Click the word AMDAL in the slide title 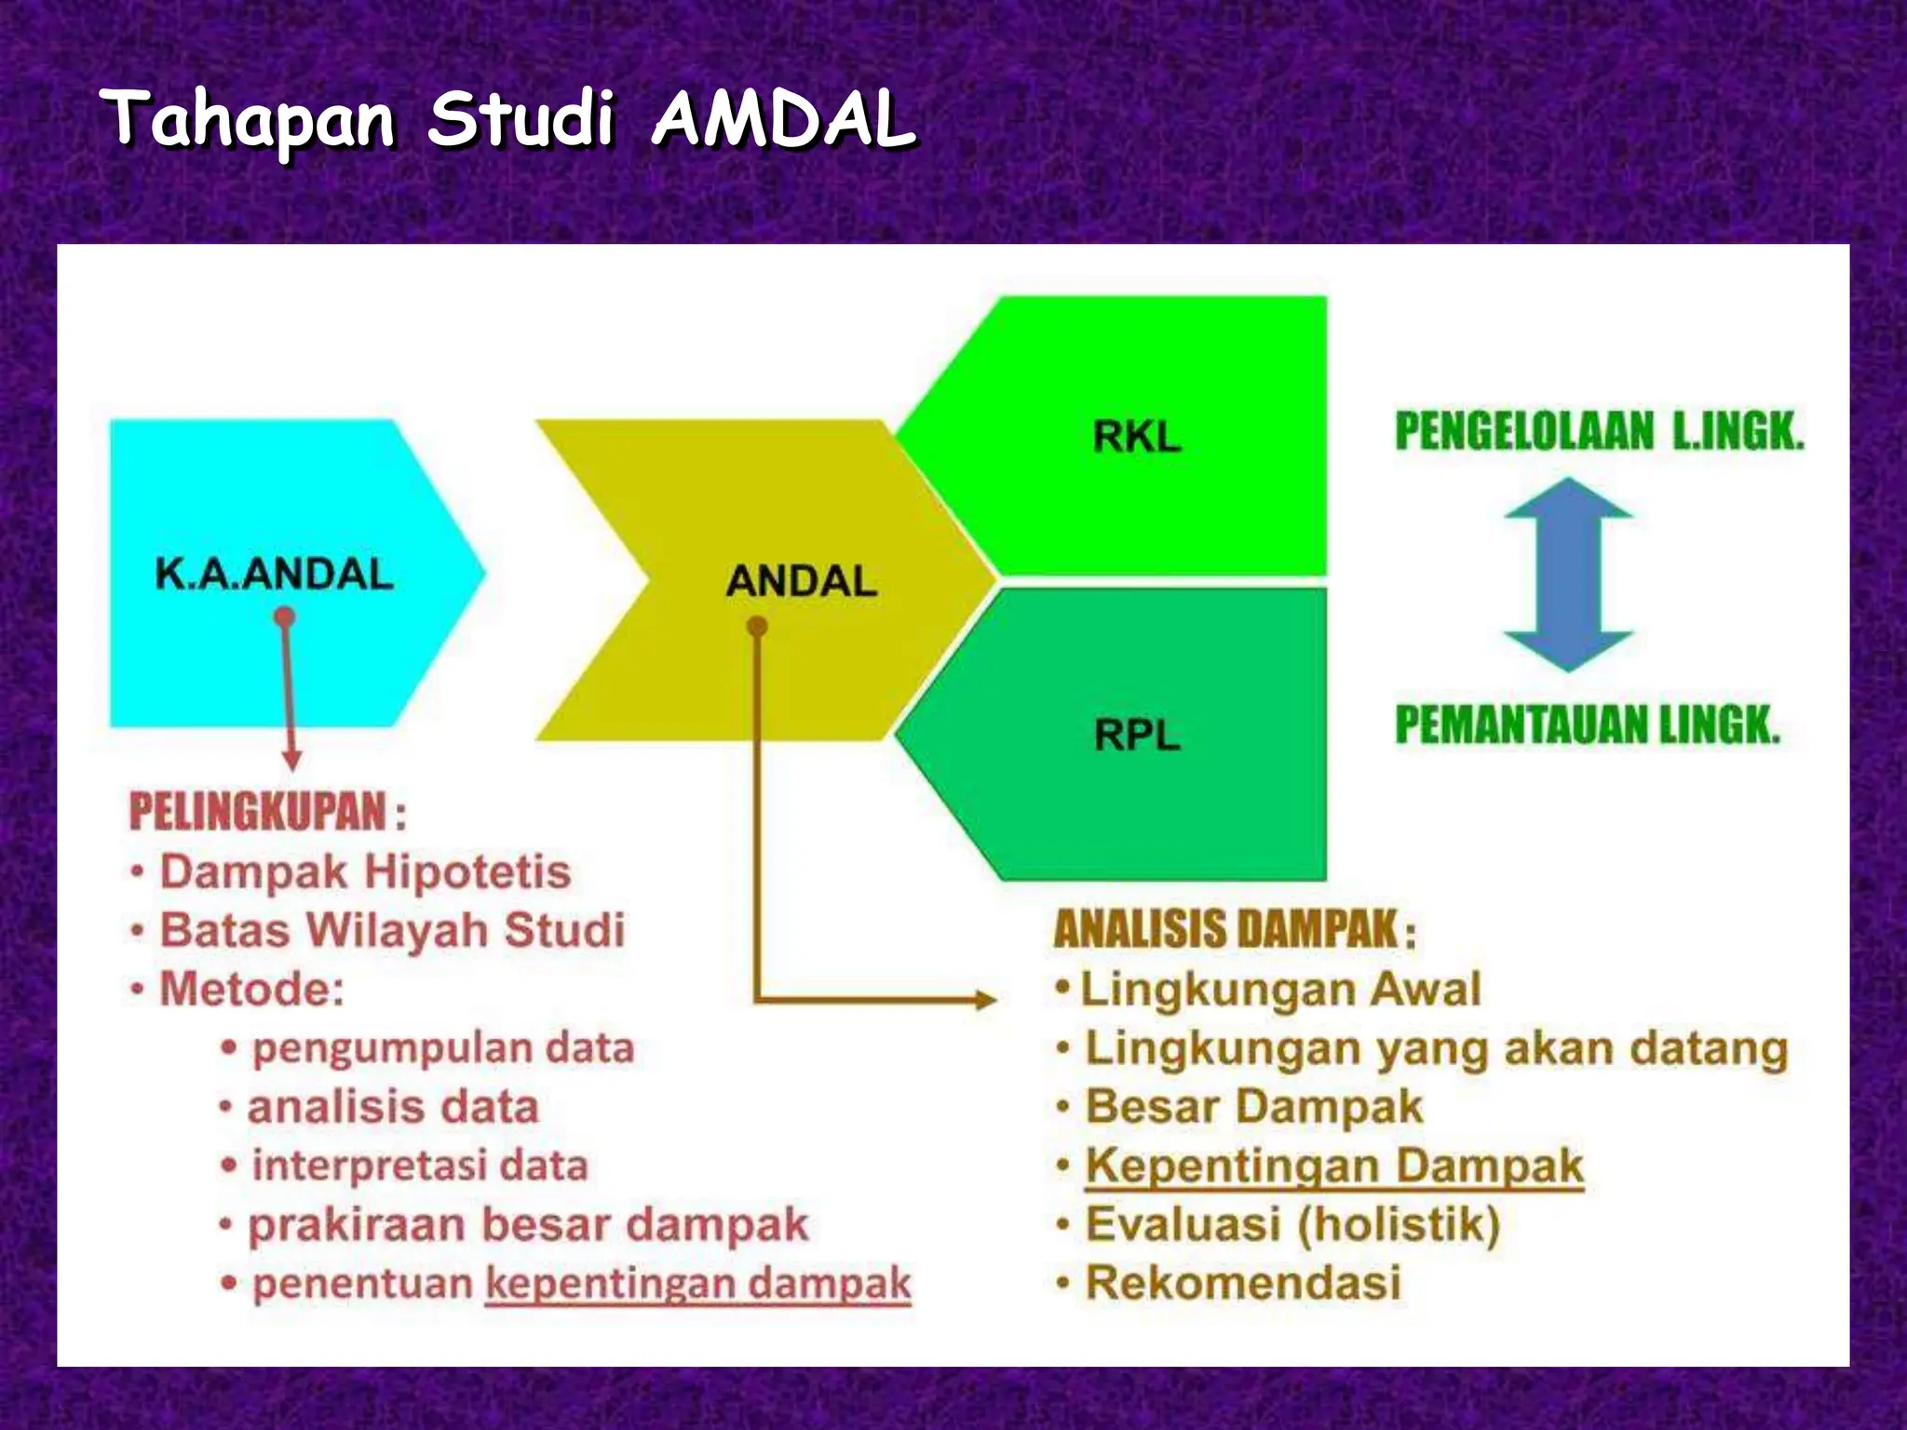782,119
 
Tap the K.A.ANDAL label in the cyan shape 274,573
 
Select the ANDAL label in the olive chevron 801,581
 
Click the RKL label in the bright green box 1137,436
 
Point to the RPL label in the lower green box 1137,735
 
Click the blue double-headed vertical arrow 1568,574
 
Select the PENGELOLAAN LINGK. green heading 1599,431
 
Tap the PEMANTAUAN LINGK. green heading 1587,725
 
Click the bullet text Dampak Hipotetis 365,872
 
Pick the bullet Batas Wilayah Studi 392,930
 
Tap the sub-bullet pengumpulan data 443,1048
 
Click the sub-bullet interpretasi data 420,1166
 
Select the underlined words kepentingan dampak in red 697,1284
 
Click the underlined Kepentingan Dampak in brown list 1333,1166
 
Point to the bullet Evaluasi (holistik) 1292,1224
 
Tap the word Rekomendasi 1243,1283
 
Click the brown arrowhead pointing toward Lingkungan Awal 985,1000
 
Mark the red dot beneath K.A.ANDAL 286,616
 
